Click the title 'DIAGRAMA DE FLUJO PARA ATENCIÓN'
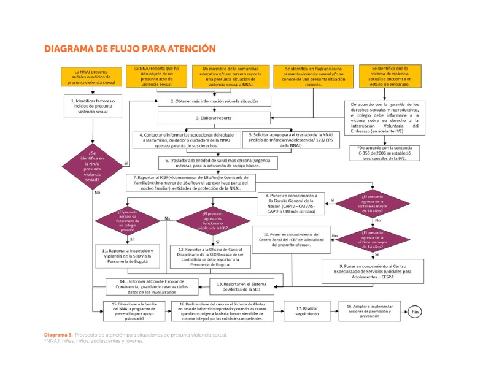[x=130, y=48]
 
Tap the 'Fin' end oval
[x=416, y=312]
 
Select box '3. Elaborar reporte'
[x=214, y=117]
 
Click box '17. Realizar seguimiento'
[x=307, y=312]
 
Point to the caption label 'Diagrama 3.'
[x=58, y=335]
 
